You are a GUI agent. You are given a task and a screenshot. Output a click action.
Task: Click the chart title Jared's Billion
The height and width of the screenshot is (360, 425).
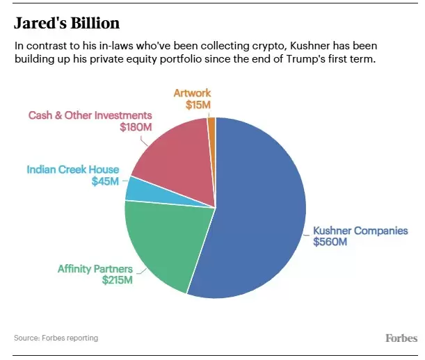tap(67, 23)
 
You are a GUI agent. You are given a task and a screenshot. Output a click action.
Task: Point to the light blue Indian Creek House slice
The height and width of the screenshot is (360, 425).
tap(136, 188)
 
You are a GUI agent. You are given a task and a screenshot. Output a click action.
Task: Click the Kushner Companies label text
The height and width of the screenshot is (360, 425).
tap(360, 231)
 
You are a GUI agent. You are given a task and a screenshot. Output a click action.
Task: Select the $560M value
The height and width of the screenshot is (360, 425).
tap(330, 243)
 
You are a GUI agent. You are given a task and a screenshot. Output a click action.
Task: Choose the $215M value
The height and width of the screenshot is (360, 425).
tap(117, 280)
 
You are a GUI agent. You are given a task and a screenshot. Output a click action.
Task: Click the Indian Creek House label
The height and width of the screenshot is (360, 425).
tap(73, 170)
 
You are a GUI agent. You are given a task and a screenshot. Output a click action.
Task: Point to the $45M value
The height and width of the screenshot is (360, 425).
tap(105, 181)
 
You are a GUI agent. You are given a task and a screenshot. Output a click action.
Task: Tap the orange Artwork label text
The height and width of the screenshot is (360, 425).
tap(192, 93)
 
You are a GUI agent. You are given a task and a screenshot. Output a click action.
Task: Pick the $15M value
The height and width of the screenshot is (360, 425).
tap(198, 105)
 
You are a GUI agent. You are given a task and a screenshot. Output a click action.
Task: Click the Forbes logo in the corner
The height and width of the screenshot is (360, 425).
tap(401, 338)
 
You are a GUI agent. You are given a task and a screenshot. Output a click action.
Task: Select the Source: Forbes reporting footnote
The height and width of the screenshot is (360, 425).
tap(56, 338)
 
